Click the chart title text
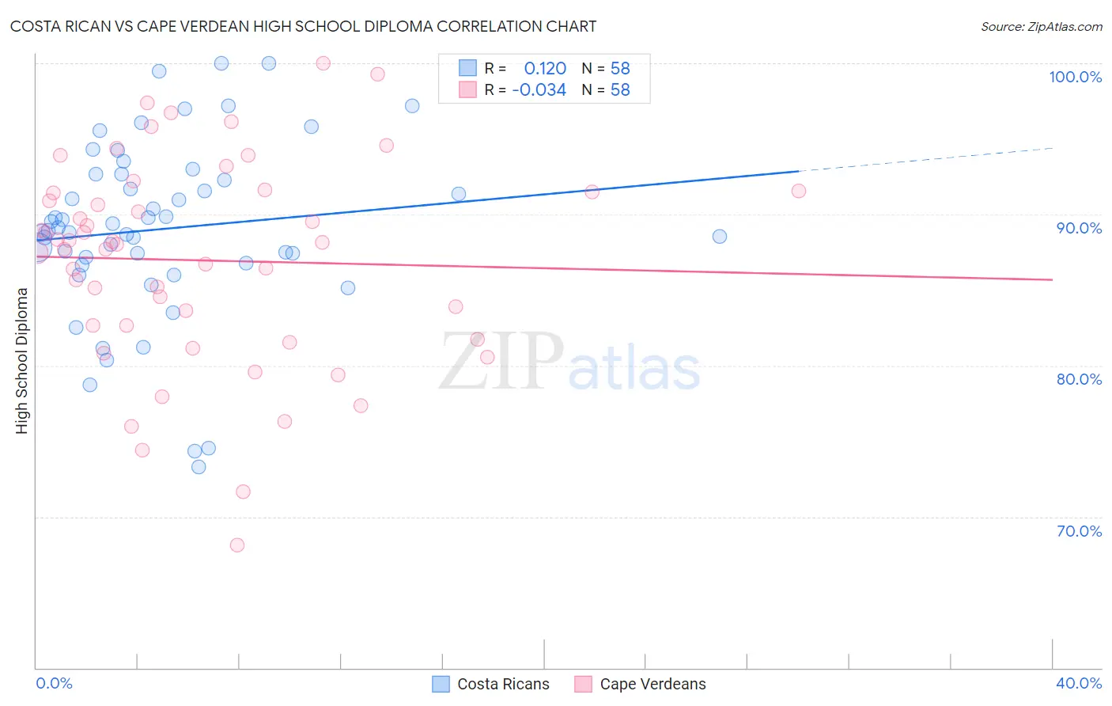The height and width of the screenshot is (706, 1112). coord(303,26)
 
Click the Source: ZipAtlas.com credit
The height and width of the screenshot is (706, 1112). coord(1041,26)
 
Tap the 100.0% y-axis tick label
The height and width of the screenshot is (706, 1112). coord(1075,77)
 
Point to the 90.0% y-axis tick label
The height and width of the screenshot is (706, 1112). coord(1079,228)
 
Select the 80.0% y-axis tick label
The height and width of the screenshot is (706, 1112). coord(1079,379)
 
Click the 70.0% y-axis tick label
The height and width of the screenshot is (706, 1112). coord(1079,531)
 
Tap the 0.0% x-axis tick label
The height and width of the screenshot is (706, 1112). coord(54,683)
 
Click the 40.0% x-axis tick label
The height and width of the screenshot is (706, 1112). coord(1079,683)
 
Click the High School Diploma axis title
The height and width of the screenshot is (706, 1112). coord(22,360)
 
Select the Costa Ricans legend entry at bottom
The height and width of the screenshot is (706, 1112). coord(491,684)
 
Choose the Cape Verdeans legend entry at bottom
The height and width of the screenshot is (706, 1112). coord(641,684)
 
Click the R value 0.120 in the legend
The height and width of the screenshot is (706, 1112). coord(545,68)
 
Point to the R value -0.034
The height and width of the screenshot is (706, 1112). coord(539,90)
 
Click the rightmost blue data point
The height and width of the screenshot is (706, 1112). coord(720,237)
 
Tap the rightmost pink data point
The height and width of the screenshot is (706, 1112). coord(799,191)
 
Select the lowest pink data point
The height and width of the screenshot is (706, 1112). coord(237,545)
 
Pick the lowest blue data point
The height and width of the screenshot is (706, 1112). coord(199,467)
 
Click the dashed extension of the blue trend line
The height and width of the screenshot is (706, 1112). coord(925,159)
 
